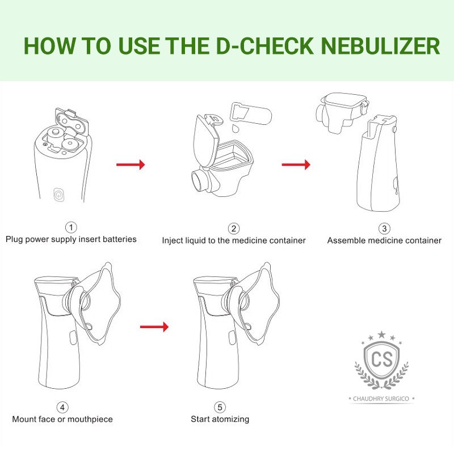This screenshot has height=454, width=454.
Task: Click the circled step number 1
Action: pyautogui.click(x=71, y=228)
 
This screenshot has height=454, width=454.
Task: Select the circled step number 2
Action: pyautogui.click(x=233, y=229)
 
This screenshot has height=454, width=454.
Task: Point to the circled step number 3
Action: pyautogui.click(x=384, y=229)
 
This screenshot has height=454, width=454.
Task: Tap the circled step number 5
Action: pyautogui.click(x=220, y=407)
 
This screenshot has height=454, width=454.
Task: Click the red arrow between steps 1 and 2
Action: pyautogui.click(x=131, y=165)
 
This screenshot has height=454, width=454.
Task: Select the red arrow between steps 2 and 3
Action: pyautogui.click(x=296, y=165)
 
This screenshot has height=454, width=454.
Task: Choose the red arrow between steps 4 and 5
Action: pyautogui.click(x=154, y=327)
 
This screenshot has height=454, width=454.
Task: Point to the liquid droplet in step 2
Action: pyautogui.click(x=235, y=129)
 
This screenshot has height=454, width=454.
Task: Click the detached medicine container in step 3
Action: pyautogui.click(x=339, y=111)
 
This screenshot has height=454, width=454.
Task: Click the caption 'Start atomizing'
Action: pyautogui.click(x=220, y=419)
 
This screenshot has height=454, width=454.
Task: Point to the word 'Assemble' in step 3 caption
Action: pyautogui.click(x=346, y=241)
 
